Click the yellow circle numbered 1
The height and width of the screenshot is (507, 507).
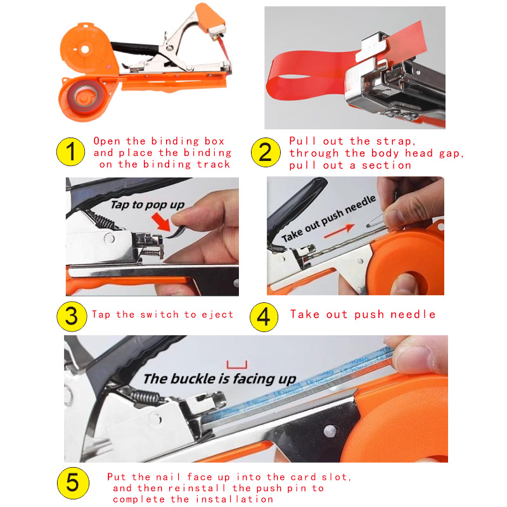tap(70, 151)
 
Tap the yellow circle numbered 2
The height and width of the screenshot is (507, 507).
tap(266, 152)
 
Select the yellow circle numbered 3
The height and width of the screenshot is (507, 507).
tap(72, 316)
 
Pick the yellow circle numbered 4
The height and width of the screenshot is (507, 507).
tap(264, 317)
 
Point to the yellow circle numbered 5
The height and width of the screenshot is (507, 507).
tap(73, 483)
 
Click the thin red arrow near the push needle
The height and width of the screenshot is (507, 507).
tap(339, 231)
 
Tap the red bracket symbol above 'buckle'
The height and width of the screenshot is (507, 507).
tap(237, 365)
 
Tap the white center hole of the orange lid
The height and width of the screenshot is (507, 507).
tap(85, 49)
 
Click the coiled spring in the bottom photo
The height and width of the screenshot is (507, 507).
tap(144, 398)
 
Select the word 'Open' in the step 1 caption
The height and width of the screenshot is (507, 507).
tap(107, 141)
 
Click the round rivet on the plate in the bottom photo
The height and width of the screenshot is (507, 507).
tap(330, 431)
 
